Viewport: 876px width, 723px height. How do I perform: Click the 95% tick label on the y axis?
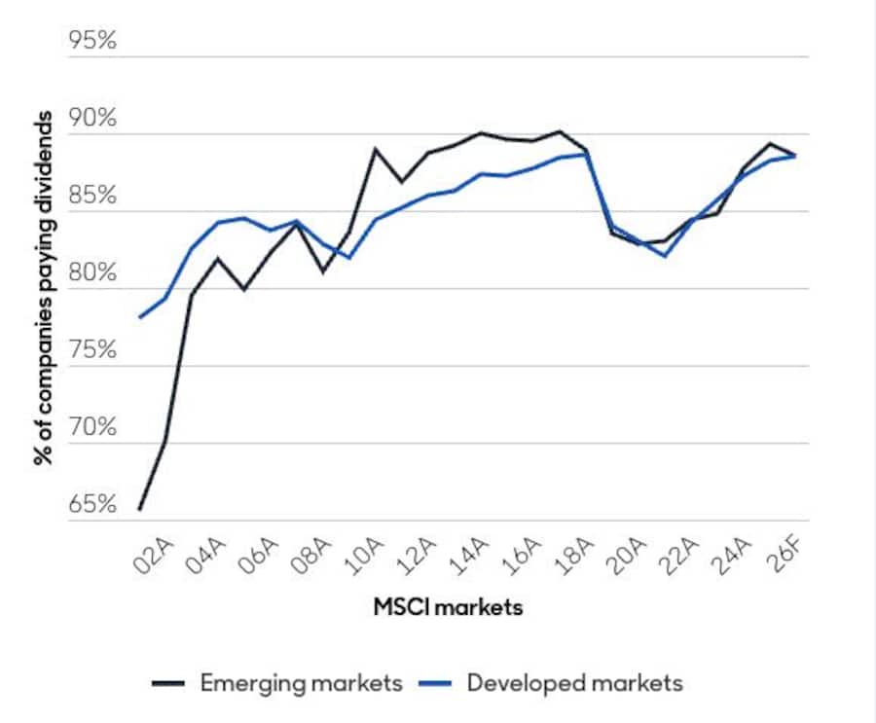point(91,42)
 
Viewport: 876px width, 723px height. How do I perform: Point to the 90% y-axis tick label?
point(91,120)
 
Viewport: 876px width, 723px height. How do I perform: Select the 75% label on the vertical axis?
point(91,351)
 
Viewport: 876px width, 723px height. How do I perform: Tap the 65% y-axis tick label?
point(91,505)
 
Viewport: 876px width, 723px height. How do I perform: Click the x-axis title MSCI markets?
point(448,607)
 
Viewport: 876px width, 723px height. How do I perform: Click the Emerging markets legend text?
point(301,683)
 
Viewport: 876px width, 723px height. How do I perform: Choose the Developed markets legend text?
point(575,683)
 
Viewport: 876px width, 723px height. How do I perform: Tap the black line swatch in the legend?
point(171,684)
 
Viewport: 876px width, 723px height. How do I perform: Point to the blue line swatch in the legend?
point(439,684)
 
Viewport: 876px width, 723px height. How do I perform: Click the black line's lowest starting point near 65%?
point(140,509)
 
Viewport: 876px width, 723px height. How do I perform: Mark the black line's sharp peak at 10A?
point(376,149)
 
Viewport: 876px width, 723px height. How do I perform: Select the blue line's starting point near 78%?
point(140,317)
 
